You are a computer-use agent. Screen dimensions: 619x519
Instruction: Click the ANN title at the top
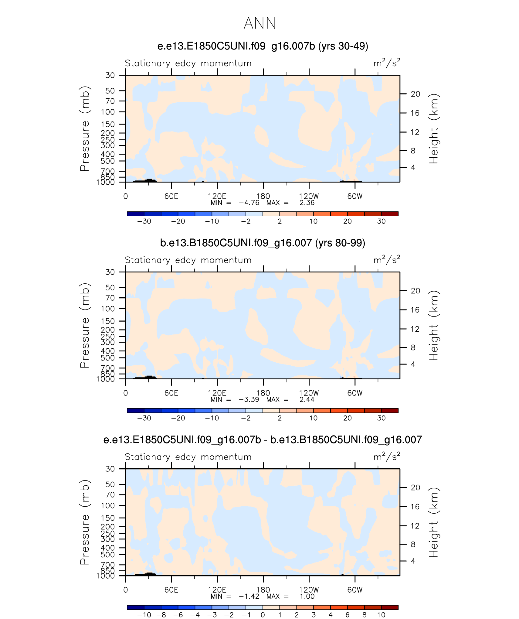tap(260, 23)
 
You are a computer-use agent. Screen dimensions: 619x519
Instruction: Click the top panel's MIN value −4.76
tap(249, 203)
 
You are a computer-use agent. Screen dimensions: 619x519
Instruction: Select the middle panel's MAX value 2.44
tap(307, 400)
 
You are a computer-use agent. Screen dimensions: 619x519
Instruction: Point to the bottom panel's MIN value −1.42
tap(249, 597)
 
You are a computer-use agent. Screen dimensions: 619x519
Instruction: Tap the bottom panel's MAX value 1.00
tap(307, 597)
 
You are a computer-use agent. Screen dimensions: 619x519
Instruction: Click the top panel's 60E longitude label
tap(171, 196)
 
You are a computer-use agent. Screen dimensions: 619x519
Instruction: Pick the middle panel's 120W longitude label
tap(309, 393)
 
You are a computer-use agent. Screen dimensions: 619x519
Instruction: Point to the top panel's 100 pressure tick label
tap(108, 112)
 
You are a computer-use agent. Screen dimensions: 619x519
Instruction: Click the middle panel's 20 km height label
tap(415, 291)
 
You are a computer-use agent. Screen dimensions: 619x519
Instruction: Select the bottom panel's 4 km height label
tap(413, 561)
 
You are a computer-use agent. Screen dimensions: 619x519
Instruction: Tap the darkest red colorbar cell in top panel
tap(390, 214)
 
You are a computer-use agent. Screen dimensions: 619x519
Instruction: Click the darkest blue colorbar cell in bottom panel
tap(136, 607)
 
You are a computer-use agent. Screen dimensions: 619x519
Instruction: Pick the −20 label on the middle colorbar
tap(178, 418)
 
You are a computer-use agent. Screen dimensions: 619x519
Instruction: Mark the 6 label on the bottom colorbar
tap(347, 615)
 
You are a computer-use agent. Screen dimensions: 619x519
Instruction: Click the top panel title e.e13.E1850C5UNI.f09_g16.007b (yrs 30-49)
tap(263, 46)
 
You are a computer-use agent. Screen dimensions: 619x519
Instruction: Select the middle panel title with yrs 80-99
tap(263, 243)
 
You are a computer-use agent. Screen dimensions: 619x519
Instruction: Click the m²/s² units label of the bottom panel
tap(387, 457)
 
